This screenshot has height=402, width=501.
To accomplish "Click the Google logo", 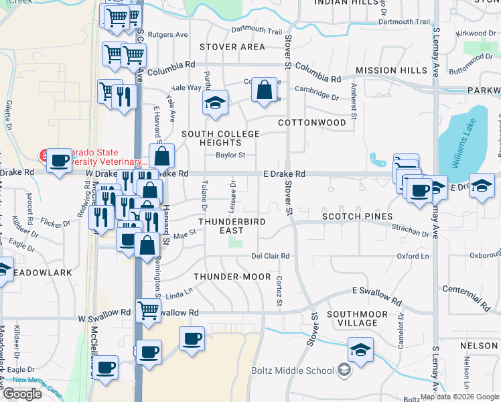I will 22,394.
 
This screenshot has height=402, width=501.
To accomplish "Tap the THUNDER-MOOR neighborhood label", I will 232,277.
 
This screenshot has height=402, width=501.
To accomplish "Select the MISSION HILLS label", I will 392,70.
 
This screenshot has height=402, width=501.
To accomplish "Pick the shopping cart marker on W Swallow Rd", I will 148,310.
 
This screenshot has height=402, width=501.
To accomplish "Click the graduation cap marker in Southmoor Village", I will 360,350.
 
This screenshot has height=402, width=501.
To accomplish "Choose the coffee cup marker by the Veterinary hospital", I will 59,160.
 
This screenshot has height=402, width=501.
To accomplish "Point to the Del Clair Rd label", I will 270,256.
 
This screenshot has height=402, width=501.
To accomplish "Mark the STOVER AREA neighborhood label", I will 232,47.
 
